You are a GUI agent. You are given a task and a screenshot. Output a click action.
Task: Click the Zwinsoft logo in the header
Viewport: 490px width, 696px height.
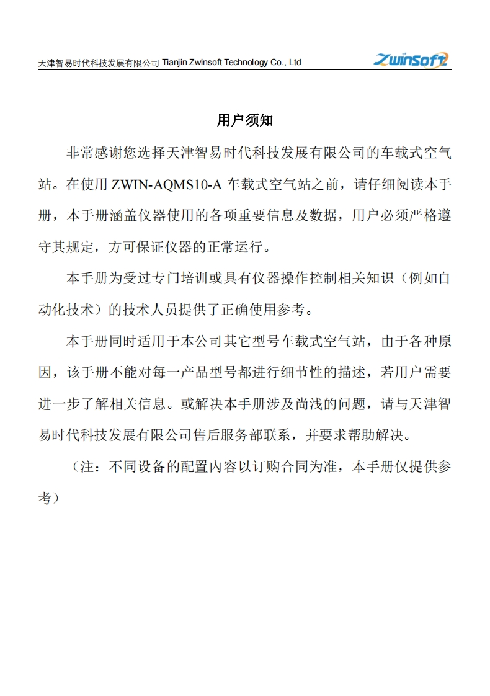[411, 60]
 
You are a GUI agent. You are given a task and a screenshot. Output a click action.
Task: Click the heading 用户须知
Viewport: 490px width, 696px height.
[245, 120]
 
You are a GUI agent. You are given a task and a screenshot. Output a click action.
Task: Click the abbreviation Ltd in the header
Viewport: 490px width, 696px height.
[295, 63]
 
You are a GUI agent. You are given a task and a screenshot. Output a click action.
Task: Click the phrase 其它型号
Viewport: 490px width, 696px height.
[247, 342]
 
